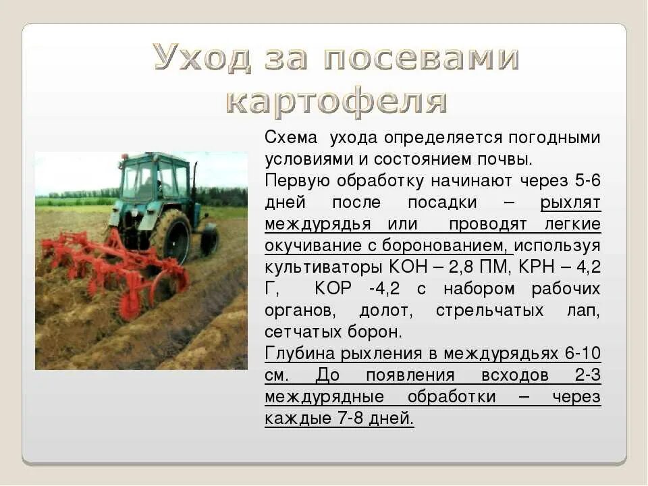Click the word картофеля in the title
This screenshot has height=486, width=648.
(x=337, y=101)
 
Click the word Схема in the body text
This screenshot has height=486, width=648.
(x=291, y=138)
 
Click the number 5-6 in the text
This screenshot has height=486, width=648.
(x=586, y=181)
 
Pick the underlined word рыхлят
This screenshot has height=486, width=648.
(x=570, y=202)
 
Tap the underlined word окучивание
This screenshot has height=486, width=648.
(x=306, y=246)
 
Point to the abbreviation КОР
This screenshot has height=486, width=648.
(x=333, y=289)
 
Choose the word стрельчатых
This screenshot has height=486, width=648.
(x=489, y=310)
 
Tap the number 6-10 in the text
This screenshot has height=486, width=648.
(x=582, y=354)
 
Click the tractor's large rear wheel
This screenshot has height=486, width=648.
(x=171, y=236)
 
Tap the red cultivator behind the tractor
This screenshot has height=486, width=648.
(x=115, y=270)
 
